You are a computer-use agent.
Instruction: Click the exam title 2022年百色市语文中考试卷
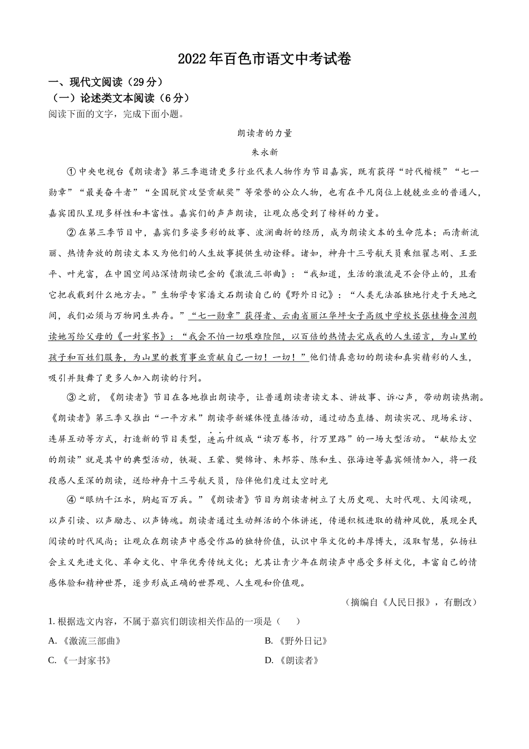pyautogui.click(x=264, y=60)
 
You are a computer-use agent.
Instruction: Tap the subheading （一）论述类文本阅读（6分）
pyautogui.click(x=120, y=99)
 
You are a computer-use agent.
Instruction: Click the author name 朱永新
pyautogui.click(x=264, y=152)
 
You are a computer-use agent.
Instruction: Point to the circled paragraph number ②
pyautogui.click(x=71, y=232)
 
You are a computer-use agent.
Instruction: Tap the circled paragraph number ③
pyautogui.click(x=71, y=397)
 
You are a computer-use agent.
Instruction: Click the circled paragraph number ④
pyautogui.click(x=71, y=500)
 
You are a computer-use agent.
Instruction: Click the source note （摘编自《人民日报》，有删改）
pyautogui.click(x=412, y=602)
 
